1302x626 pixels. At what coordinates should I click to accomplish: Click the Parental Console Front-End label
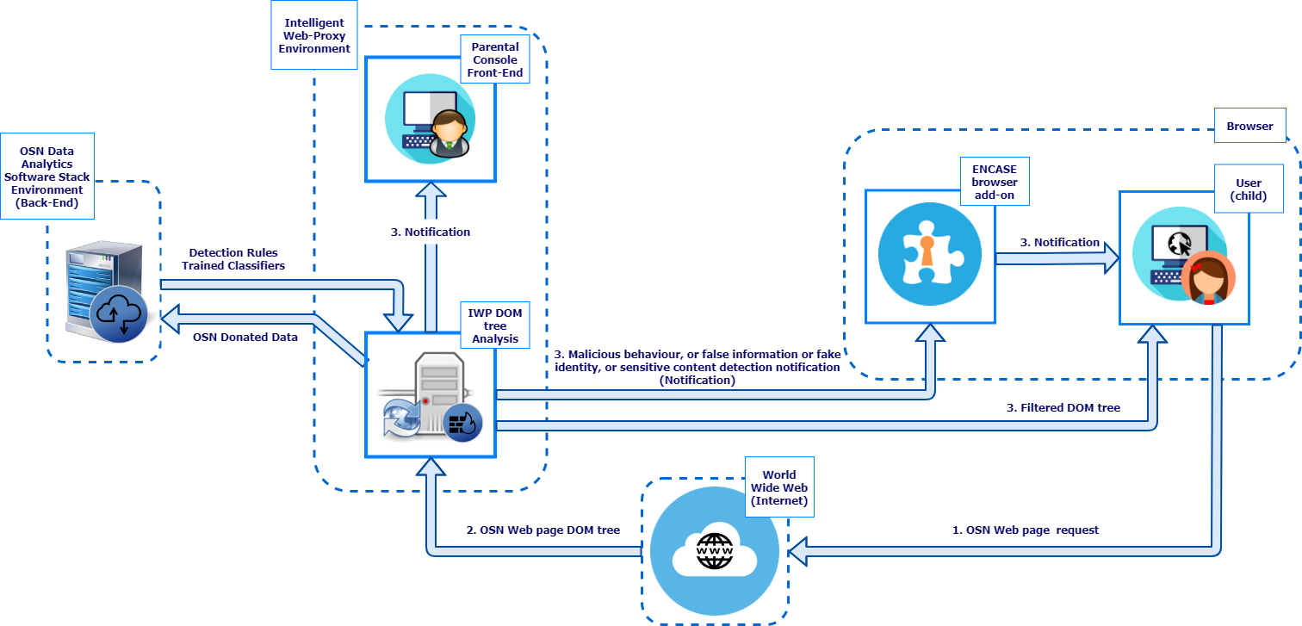pyautogui.click(x=494, y=59)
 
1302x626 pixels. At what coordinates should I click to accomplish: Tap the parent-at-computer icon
pyautogui.click(x=430, y=120)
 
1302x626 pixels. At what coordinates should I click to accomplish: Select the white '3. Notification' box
pyautogui.click(x=431, y=232)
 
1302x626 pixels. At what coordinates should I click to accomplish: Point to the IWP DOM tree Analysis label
pyautogui.click(x=495, y=325)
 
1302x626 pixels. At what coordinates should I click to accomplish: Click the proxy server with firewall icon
pyautogui.click(x=430, y=396)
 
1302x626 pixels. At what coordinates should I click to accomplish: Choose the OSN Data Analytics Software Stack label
pyautogui.click(x=47, y=177)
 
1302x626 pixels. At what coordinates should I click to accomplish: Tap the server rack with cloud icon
pyautogui.click(x=107, y=293)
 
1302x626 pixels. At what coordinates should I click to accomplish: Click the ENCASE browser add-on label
pyautogui.click(x=994, y=182)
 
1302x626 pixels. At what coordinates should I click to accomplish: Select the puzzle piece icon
pyautogui.click(x=929, y=256)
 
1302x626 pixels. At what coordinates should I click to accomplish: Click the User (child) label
pyautogui.click(x=1248, y=189)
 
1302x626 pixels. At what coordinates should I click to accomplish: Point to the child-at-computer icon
pyautogui.click(x=1183, y=257)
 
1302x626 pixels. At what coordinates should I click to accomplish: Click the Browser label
pyautogui.click(x=1249, y=126)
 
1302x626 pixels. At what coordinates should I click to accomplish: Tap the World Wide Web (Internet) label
pyautogui.click(x=778, y=487)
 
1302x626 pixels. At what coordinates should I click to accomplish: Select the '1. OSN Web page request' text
pyautogui.click(x=1025, y=530)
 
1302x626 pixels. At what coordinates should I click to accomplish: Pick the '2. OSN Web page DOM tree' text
pyautogui.click(x=542, y=530)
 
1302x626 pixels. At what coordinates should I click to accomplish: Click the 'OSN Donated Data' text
pyautogui.click(x=245, y=338)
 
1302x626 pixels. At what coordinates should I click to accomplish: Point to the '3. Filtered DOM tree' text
pyautogui.click(x=1064, y=407)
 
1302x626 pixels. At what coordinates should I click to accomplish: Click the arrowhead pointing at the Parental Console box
pyautogui.click(x=431, y=192)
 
